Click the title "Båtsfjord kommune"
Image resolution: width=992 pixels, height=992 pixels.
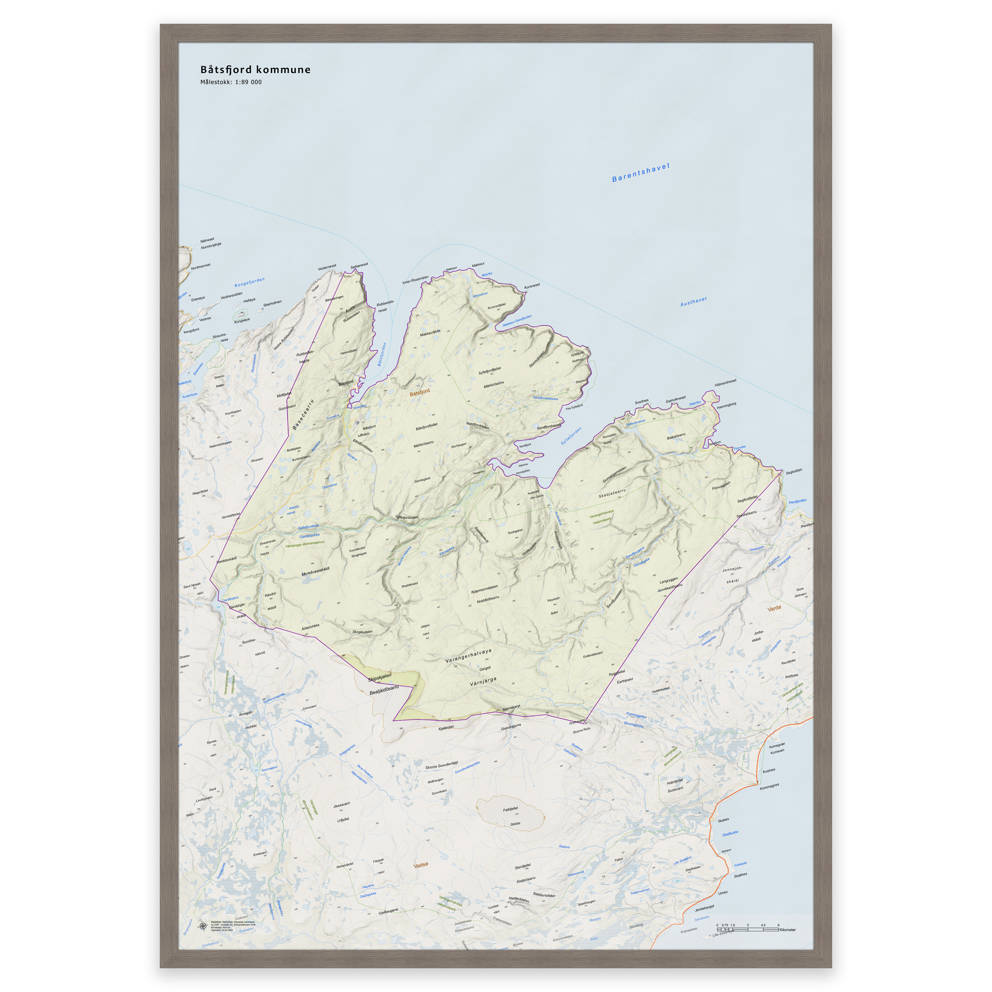255,70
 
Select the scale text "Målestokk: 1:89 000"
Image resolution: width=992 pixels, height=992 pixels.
231,82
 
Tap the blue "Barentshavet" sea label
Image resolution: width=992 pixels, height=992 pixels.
641,172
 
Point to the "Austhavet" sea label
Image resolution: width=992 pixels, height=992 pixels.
693,301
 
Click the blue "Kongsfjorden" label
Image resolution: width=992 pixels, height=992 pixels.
249,282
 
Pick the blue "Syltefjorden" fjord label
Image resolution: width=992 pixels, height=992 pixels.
571,436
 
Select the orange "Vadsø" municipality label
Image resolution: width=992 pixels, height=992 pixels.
420,865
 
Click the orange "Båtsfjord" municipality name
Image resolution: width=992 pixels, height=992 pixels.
419,393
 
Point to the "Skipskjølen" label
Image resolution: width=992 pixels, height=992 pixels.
379,678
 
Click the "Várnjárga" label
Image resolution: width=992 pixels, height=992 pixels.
482,682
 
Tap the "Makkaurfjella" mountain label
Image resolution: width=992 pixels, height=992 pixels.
430,333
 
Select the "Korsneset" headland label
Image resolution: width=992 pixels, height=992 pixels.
532,286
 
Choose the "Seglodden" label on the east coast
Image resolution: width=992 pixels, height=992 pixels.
793,471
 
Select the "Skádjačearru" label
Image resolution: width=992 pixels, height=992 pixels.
612,494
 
